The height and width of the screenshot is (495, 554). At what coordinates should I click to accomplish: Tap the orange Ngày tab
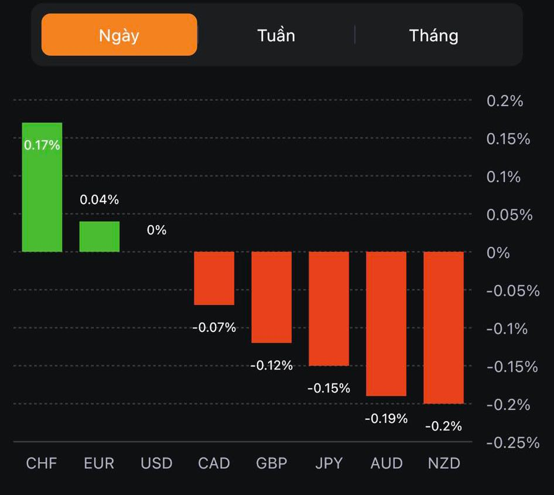(x=119, y=35)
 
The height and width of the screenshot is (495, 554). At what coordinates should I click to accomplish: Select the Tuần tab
(x=276, y=35)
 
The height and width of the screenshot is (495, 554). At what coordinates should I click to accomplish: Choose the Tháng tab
(x=433, y=35)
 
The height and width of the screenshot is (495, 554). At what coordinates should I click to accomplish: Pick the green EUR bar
(x=100, y=236)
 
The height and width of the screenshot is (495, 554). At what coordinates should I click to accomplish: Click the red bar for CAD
(x=214, y=278)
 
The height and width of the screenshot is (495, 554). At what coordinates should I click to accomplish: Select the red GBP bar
(x=272, y=297)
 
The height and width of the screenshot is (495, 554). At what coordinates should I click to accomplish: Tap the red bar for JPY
(x=329, y=308)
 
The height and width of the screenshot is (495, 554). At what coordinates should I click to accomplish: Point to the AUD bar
(x=387, y=324)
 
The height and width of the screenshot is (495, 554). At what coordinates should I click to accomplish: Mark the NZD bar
(x=444, y=327)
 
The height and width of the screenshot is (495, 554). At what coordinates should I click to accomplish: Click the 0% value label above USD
(x=156, y=230)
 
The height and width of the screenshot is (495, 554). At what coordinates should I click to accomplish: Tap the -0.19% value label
(x=386, y=419)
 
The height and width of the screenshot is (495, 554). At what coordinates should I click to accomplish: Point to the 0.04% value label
(x=100, y=200)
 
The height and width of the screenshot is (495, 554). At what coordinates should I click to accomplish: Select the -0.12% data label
(x=271, y=365)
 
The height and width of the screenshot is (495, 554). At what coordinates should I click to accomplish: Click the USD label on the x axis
(x=156, y=463)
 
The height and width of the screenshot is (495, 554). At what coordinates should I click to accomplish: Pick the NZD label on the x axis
(x=444, y=463)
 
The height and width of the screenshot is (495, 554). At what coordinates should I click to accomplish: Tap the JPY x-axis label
(x=329, y=463)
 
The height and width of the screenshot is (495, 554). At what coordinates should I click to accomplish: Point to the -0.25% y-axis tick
(x=512, y=442)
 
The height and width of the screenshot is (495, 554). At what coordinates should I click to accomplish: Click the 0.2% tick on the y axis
(x=504, y=101)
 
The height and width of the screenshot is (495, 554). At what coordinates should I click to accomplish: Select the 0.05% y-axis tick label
(x=509, y=215)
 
